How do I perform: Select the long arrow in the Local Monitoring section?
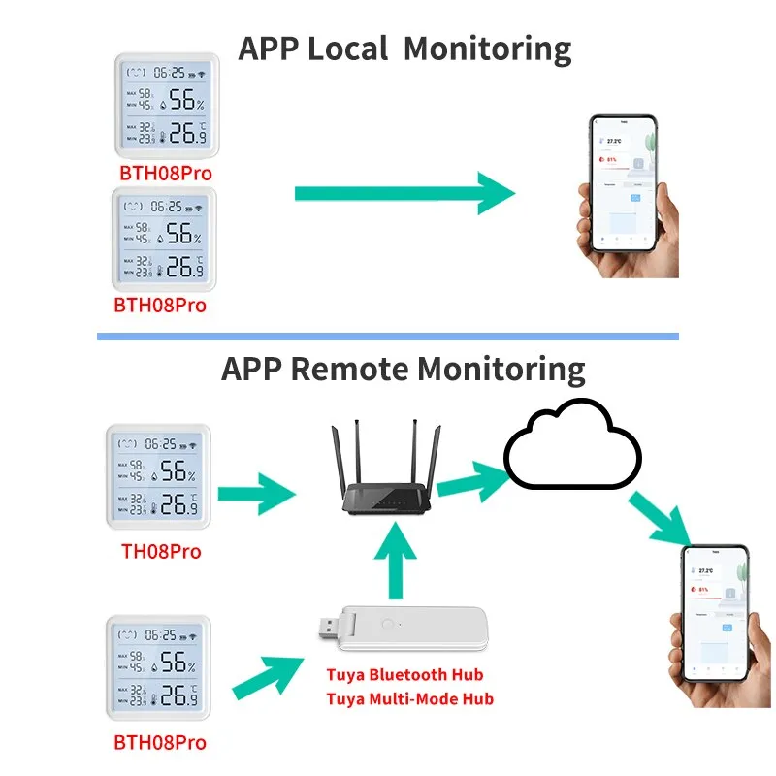(x=403, y=193)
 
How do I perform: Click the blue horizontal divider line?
(x=388, y=336)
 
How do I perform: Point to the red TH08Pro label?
(x=160, y=551)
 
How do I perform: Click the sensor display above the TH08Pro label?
(x=158, y=477)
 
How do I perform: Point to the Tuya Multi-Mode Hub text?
(x=409, y=698)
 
